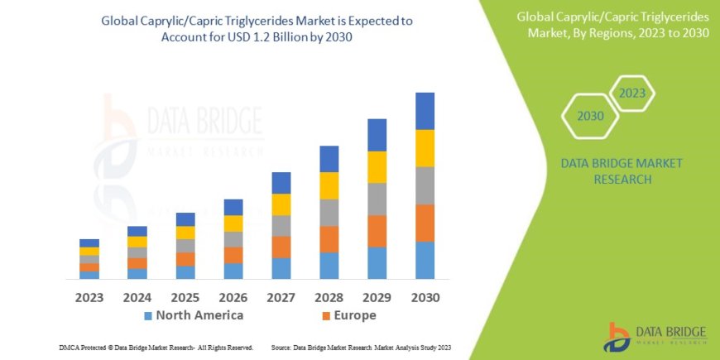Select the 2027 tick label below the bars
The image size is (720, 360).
pyautogui.click(x=281, y=296)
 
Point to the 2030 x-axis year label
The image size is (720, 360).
pyautogui.click(x=425, y=296)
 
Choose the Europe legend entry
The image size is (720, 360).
pyautogui.click(x=350, y=315)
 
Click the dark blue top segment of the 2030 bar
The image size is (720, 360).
pyautogui.click(x=425, y=111)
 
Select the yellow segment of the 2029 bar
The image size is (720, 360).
pyautogui.click(x=377, y=167)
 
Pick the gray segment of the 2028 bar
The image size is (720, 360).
pyautogui.click(x=329, y=213)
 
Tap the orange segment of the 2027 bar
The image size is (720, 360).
pyautogui.click(x=281, y=247)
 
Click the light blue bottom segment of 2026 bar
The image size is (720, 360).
pyautogui.click(x=233, y=271)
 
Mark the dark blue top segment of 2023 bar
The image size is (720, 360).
pyautogui.click(x=89, y=242)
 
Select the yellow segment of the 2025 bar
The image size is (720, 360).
pyautogui.click(x=185, y=233)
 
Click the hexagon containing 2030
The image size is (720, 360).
pyautogui.click(x=590, y=116)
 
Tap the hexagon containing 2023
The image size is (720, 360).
pyautogui.click(x=631, y=93)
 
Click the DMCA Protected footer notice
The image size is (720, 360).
pyautogui.click(x=156, y=348)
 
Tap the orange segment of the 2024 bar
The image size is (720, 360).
pyautogui.click(x=137, y=263)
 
